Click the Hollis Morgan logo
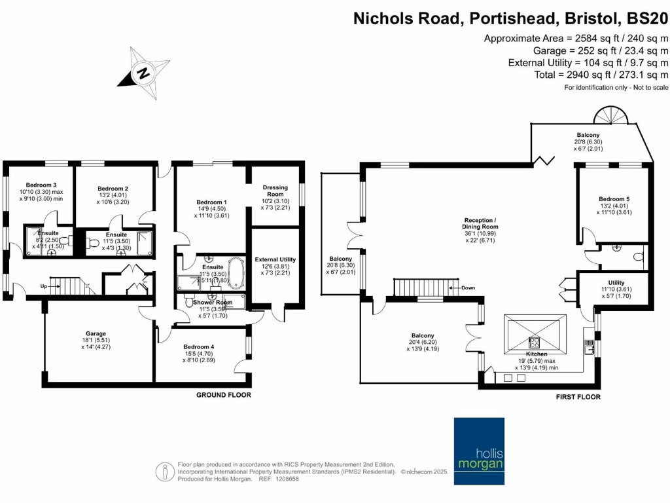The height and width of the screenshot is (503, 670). coord(480,453)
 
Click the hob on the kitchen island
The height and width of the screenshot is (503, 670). coord(534,341)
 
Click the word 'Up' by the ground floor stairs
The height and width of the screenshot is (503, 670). coord(44,286)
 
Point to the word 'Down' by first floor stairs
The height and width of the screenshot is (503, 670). coord(468,288)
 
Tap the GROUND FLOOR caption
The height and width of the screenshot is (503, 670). coord(224,395)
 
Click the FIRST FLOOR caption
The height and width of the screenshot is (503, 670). coord(578,397)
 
